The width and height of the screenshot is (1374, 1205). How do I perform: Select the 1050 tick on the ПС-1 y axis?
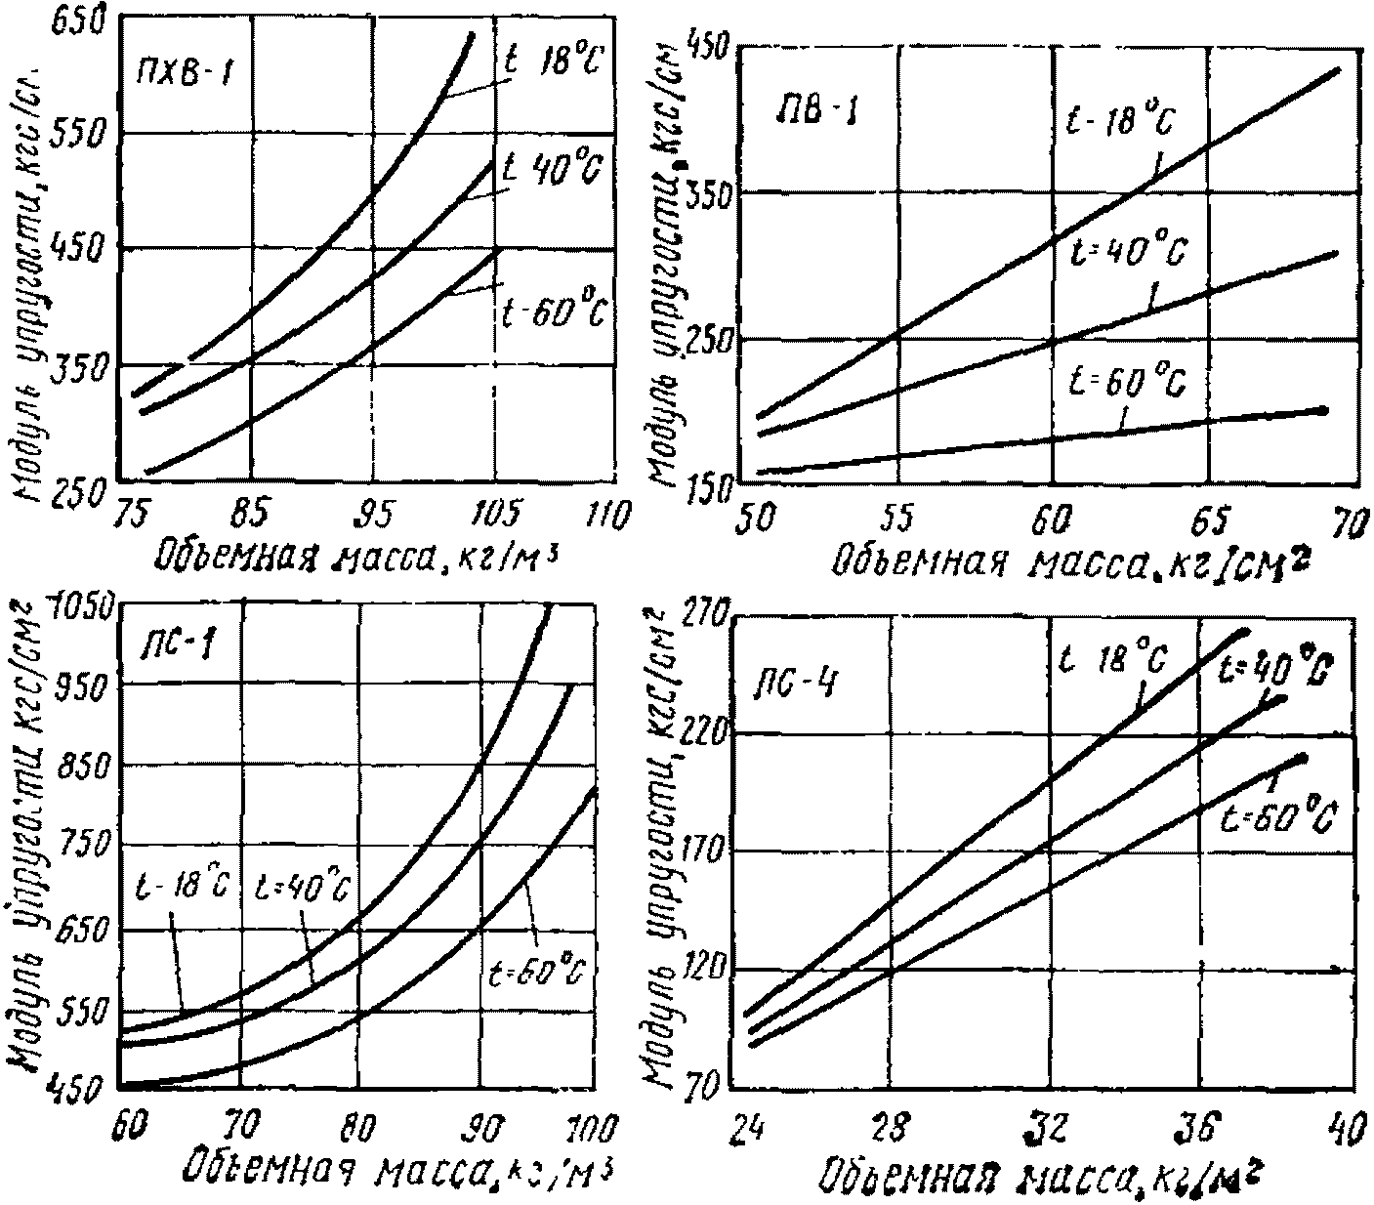(x=88, y=605)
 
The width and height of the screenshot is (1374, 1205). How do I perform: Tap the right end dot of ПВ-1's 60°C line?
(x=1323, y=410)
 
